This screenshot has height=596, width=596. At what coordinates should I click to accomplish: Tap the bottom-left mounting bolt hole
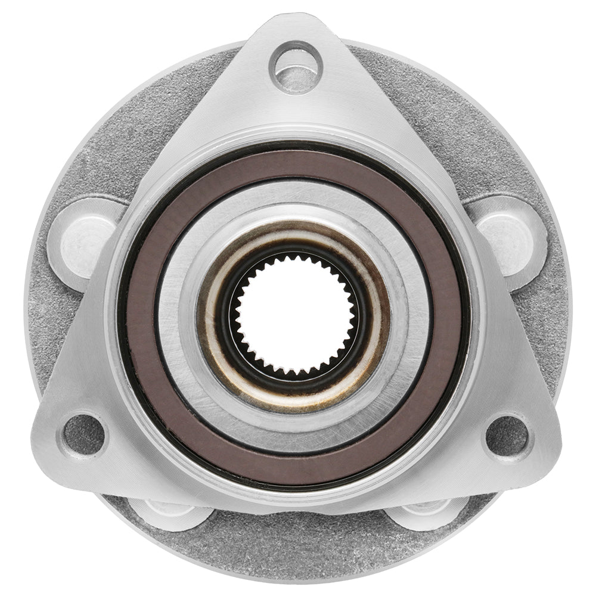point(84,433)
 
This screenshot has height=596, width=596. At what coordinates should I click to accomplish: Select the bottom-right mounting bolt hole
point(507,435)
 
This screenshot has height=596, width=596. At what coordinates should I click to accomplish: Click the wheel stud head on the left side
point(83,237)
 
